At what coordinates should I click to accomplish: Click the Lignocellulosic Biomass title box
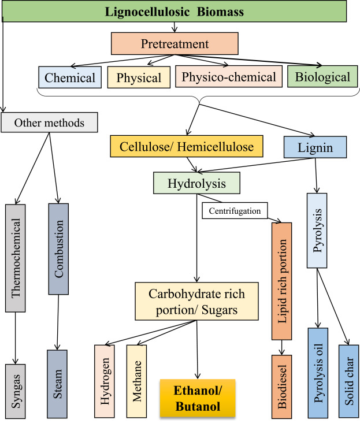click(x=175, y=11)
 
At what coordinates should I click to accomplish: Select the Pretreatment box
click(x=175, y=43)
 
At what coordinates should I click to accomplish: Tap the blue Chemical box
click(x=70, y=77)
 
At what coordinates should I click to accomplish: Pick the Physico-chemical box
click(x=229, y=76)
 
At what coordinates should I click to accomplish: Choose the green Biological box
click(x=322, y=76)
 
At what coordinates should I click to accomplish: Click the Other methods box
click(x=49, y=122)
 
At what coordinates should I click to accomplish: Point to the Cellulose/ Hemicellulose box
click(x=187, y=146)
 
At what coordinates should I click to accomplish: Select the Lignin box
click(x=315, y=147)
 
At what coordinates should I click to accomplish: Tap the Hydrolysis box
click(x=196, y=183)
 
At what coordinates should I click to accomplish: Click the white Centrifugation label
click(x=235, y=210)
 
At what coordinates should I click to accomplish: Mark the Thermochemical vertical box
click(x=15, y=258)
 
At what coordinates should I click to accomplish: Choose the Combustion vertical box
click(x=58, y=249)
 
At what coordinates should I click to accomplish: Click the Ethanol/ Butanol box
click(x=198, y=399)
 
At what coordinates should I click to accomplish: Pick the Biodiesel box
click(x=281, y=387)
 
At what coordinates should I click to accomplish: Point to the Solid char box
click(x=349, y=381)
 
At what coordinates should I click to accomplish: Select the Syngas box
click(x=15, y=391)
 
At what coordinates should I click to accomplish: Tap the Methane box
click(x=136, y=381)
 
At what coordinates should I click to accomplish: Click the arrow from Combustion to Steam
click(x=58, y=322)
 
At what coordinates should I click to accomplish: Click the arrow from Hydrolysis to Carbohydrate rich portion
click(x=196, y=238)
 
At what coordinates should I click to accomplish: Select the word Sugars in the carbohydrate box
click(x=220, y=310)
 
